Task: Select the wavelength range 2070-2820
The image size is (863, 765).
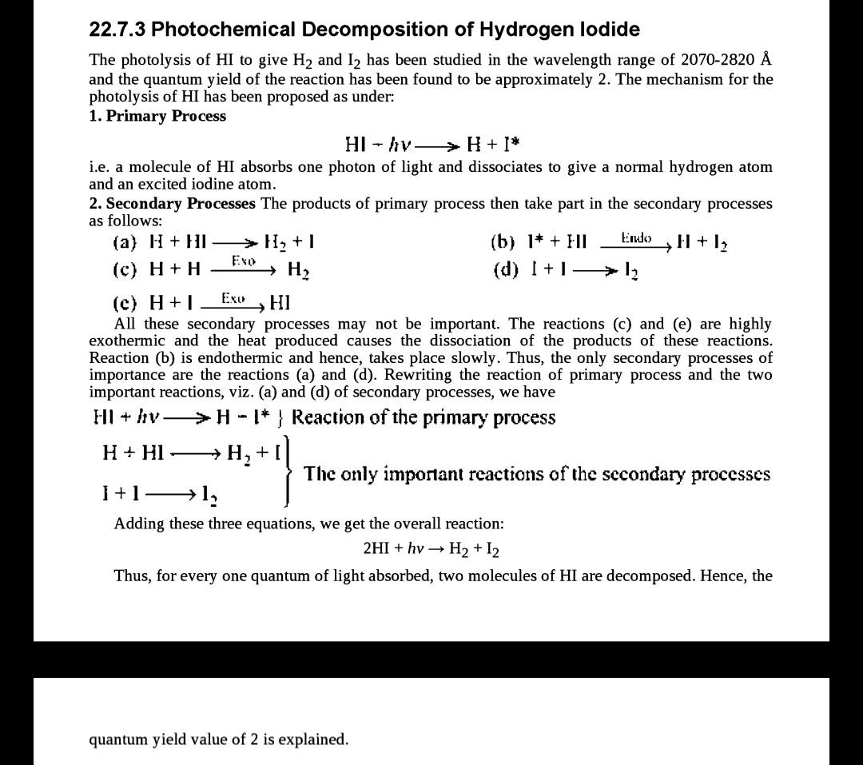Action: (x=718, y=60)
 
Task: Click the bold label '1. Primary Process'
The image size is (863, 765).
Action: (x=157, y=116)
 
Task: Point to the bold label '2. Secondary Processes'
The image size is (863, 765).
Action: (x=173, y=203)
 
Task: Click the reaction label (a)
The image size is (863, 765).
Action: (x=125, y=241)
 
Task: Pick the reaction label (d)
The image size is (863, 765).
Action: (x=504, y=269)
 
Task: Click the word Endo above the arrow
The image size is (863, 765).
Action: (x=636, y=237)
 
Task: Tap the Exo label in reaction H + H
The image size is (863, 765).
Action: (x=244, y=261)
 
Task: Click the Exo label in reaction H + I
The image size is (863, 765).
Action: (x=233, y=297)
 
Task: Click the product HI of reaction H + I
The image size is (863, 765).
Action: (x=280, y=303)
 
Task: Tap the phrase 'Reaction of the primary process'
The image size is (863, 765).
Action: (x=424, y=417)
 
